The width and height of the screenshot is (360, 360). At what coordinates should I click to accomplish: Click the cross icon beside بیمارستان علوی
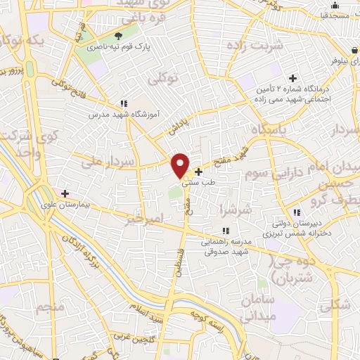pos(65,193)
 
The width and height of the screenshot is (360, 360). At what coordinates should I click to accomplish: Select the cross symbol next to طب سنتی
pos(198,172)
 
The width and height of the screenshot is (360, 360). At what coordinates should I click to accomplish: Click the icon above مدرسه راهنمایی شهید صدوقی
pos(225,230)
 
